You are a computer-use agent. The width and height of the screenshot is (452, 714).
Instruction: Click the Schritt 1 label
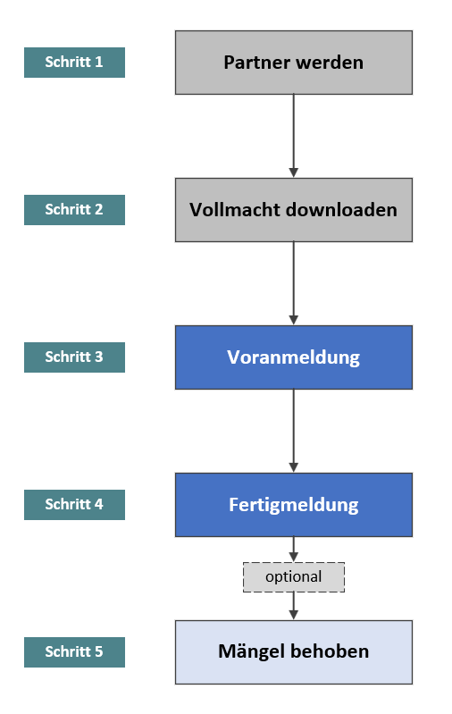[74, 63]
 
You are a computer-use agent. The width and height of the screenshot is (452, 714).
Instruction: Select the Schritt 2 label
[74, 210]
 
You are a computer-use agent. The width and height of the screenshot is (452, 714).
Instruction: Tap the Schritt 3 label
[74, 357]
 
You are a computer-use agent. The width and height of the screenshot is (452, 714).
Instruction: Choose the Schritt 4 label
[74, 505]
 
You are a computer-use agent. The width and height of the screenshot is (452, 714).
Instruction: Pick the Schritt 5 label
[74, 652]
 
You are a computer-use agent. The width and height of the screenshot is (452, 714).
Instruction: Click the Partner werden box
[294, 63]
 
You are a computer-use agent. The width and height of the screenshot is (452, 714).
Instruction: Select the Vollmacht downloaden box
[294, 210]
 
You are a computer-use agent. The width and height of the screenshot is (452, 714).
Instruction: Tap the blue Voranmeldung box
[294, 357]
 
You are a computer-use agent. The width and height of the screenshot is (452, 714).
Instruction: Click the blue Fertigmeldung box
[294, 505]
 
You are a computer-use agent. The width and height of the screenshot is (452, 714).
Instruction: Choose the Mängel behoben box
[294, 652]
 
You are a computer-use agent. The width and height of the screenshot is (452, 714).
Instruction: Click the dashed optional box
[294, 577]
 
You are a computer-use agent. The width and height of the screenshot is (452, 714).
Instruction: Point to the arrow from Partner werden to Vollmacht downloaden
[294, 136]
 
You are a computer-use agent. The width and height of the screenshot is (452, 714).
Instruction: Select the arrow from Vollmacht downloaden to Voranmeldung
[294, 283]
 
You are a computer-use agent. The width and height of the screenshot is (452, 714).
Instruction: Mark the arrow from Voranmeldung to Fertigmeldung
[294, 432]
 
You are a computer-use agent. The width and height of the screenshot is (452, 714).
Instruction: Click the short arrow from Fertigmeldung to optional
[294, 550]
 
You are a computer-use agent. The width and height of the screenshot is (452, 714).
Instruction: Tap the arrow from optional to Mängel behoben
[294, 606]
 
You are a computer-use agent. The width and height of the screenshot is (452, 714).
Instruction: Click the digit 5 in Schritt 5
[98, 651]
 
